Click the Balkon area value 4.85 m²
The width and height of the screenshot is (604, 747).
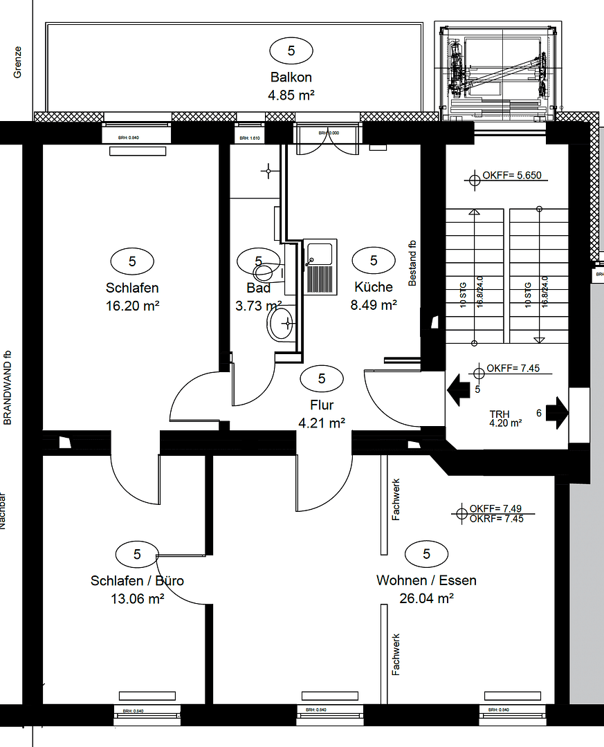click(291, 95)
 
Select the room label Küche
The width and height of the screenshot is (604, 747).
click(374, 287)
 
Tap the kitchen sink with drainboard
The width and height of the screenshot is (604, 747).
click(320, 267)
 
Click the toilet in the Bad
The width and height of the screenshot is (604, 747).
click(282, 323)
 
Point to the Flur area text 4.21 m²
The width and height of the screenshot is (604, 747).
click(322, 423)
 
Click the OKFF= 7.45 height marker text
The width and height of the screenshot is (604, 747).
click(513, 369)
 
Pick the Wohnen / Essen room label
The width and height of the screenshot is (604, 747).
click(426, 580)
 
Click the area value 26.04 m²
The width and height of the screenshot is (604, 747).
click(426, 599)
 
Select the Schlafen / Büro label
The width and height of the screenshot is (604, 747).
click(137, 580)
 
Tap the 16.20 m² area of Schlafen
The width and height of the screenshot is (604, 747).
click(132, 306)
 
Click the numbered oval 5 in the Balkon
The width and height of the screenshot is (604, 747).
click(291, 50)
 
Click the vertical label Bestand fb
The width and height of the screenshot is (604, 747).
click(412, 263)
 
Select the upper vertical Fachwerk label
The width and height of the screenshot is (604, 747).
click(396, 500)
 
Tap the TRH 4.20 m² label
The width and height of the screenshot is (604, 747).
click(505, 419)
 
